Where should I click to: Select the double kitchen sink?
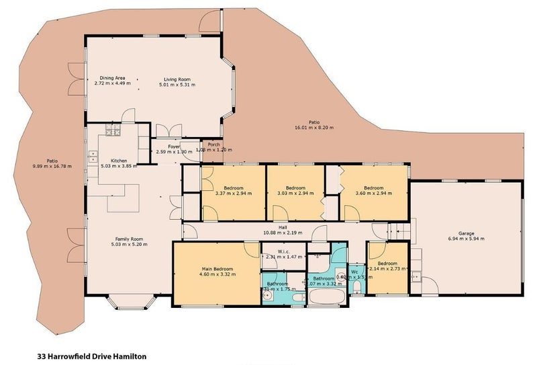click(x=91, y=158)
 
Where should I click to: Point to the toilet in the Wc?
click(x=356, y=288)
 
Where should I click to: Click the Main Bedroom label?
click(x=216, y=269)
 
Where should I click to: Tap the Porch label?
click(x=213, y=144)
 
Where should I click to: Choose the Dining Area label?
click(x=112, y=79)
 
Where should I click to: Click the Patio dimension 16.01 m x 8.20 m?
click(x=313, y=127)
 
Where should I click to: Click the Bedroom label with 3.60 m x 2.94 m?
click(x=373, y=188)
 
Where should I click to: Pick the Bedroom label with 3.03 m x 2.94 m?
click(x=295, y=188)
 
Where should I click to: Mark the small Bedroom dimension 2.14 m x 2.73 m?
click(x=388, y=269)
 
